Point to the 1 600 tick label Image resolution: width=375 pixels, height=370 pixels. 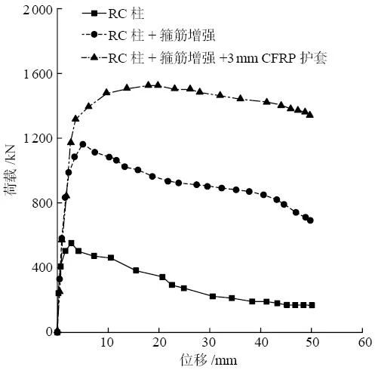tap(27, 74)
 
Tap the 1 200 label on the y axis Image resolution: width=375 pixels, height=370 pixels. tap(27, 138)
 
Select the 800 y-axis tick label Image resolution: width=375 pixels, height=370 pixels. tap(34, 203)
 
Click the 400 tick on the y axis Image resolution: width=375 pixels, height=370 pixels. tap(34, 267)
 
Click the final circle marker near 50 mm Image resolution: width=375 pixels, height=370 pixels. tap(310, 220)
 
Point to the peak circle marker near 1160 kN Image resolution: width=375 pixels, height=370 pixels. tap(83, 144)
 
